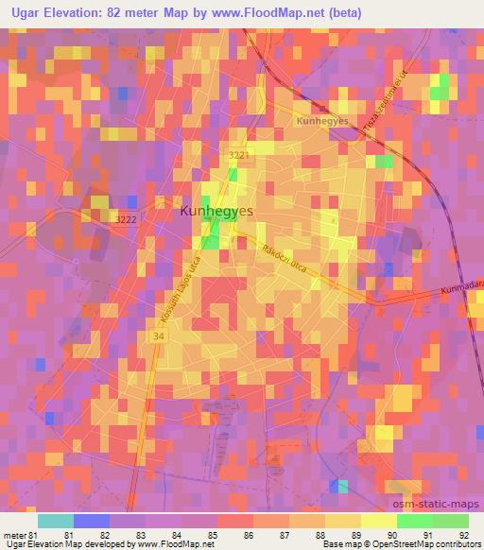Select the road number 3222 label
127,219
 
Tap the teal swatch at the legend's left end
56,521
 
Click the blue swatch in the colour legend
92,521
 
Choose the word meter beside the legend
16,535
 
